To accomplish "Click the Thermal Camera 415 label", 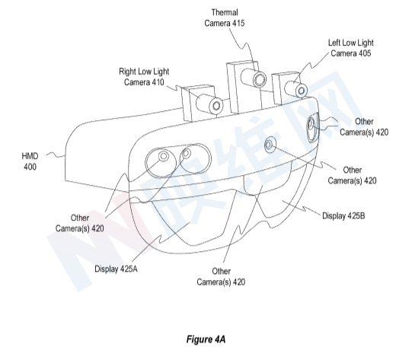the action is tap(225, 18).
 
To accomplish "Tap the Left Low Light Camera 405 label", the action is tap(351, 48).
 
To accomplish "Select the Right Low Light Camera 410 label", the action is tap(144, 77).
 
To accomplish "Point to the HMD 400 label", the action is tap(30, 161).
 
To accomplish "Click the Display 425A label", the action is tap(116, 269).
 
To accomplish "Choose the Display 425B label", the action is tap(343, 216).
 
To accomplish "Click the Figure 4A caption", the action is tap(206, 339).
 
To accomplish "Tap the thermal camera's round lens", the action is tap(260, 79).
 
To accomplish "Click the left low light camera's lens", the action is tap(302, 91).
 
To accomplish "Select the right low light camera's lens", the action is tap(216, 106).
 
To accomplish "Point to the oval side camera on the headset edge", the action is tap(311, 128).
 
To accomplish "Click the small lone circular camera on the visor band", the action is tap(269, 145).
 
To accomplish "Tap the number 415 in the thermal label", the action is tap(238, 23).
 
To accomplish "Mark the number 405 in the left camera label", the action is tap(365, 53).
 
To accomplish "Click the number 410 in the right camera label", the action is tap(158, 82).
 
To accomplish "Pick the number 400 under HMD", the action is tap(30, 167).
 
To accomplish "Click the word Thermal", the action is tap(225, 13).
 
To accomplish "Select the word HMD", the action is tap(30, 156).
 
